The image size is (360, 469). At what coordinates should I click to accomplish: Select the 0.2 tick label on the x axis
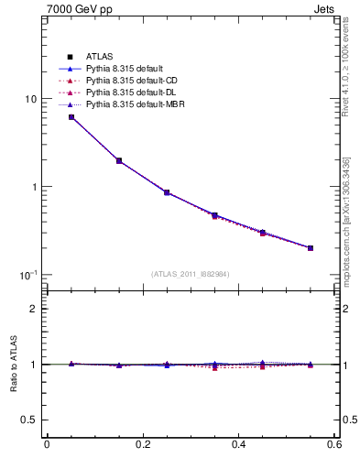[x=142, y=446]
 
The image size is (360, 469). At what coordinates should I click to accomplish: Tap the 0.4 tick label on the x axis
[x=238, y=446]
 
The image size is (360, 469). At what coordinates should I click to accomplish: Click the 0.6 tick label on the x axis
[x=334, y=446]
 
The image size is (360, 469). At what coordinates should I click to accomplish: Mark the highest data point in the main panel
[x=71, y=117]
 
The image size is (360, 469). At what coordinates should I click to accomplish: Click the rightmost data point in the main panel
[x=311, y=247]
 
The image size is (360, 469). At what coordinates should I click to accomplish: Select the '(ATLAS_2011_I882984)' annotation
[x=191, y=274]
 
